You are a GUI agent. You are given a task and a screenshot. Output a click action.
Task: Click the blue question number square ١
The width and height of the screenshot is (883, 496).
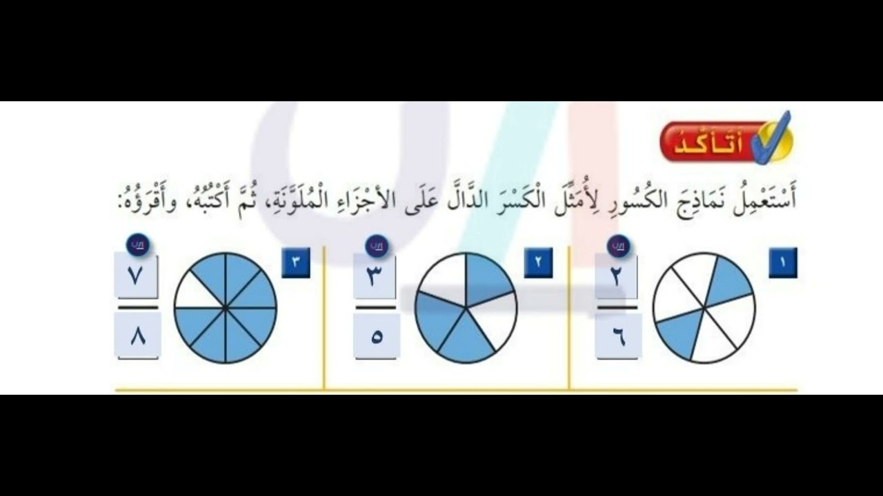(783, 262)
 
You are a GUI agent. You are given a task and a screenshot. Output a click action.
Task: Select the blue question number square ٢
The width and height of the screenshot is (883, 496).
(538, 262)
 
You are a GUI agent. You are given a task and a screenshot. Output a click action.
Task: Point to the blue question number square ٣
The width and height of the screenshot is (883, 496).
(296, 262)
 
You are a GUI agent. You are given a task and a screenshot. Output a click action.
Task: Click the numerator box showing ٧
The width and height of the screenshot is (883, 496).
(136, 276)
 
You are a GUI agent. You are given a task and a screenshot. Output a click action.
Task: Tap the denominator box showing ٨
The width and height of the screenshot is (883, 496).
(137, 335)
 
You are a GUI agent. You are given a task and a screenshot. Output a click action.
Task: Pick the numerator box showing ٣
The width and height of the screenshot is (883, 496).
(375, 276)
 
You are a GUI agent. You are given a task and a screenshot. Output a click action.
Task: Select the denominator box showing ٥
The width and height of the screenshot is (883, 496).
(376, 335)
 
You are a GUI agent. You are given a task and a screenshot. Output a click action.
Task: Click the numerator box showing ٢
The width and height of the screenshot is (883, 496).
(617, 276)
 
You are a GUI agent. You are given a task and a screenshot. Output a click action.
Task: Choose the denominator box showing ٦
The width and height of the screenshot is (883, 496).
(618, 335)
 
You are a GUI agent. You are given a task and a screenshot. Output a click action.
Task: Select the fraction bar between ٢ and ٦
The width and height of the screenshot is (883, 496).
(617, 307)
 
